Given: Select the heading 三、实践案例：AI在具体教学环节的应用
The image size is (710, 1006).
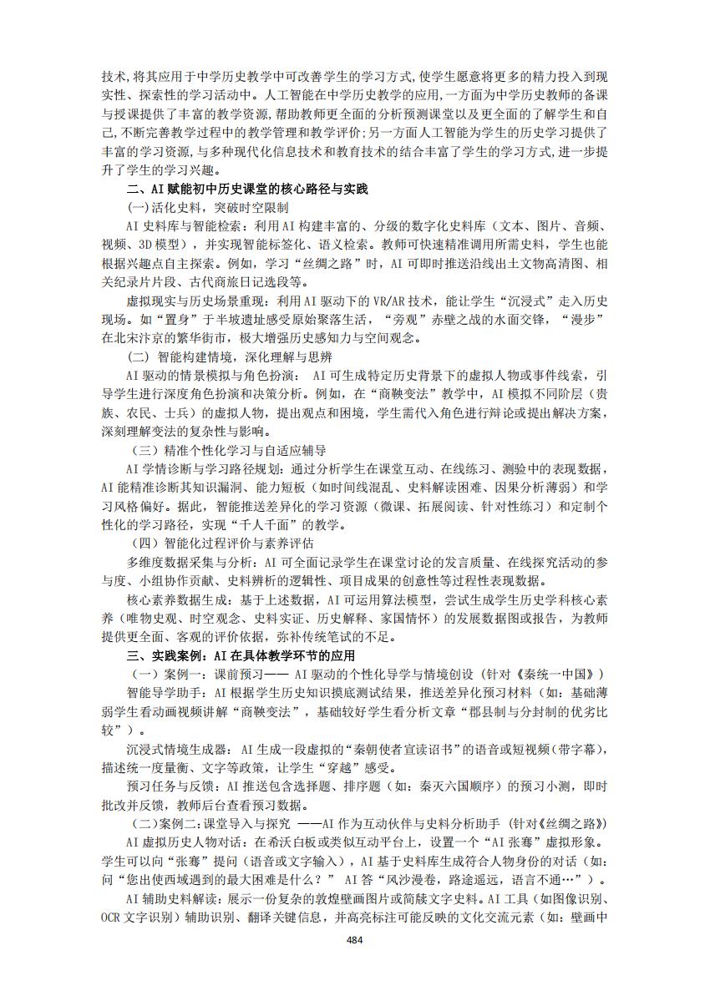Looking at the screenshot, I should pos(241,655).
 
